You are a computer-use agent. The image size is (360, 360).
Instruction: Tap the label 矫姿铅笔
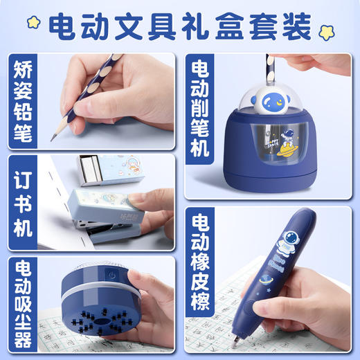24,101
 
